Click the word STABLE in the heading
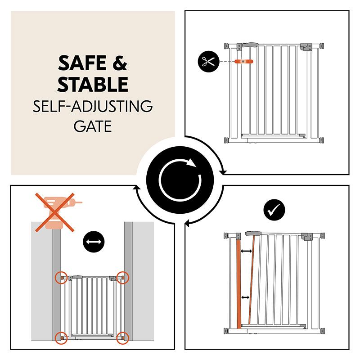93,84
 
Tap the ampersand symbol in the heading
120,63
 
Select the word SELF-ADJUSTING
93,106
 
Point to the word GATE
93,126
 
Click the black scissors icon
208,61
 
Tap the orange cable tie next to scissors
243,61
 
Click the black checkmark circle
274,210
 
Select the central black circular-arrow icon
180,180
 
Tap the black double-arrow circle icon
94,242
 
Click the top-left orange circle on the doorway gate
61,278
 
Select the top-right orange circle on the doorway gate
122,278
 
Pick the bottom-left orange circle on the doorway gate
61,338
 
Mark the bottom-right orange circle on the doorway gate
122,338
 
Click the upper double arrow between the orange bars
246,252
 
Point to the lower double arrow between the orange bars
245,297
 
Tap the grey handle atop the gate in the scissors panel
250,45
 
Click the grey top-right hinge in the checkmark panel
307,237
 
